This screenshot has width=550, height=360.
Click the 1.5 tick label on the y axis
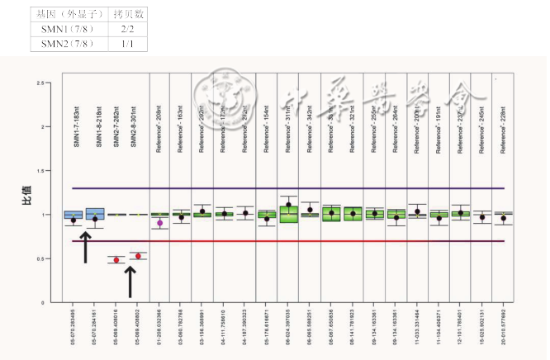39,171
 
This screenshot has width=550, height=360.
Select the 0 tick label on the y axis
40,303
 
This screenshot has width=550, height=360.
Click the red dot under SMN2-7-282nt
116,260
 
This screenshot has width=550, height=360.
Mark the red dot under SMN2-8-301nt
139,256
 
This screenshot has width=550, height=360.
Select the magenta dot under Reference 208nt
160,223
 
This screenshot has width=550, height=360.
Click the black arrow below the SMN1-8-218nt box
85,247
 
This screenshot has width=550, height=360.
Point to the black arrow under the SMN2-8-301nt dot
129,281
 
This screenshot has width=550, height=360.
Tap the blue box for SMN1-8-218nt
95,214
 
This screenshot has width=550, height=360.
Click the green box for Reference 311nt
288,214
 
